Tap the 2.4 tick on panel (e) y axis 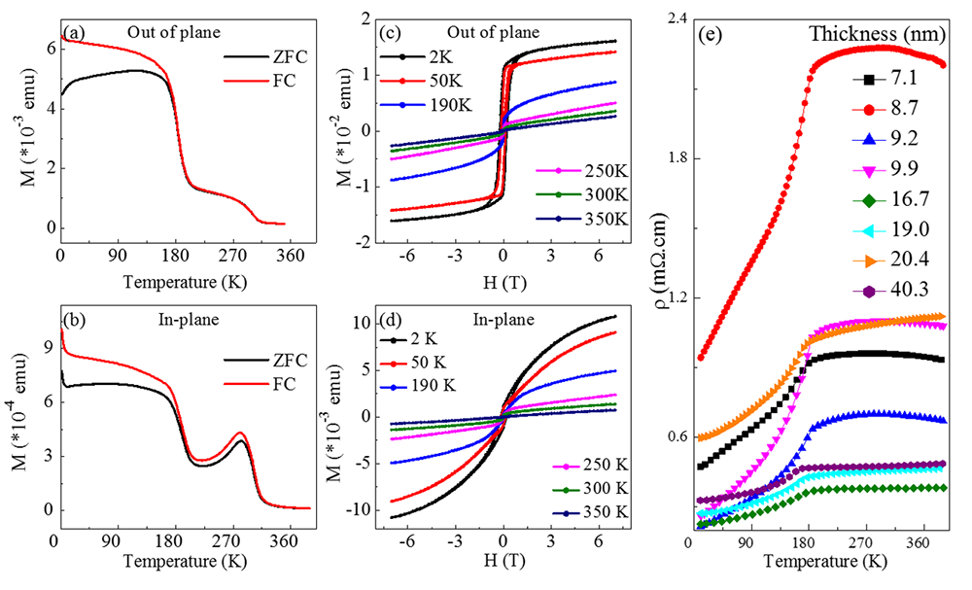click(x=677, y=18)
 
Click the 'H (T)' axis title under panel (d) click(x=503, y=563)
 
